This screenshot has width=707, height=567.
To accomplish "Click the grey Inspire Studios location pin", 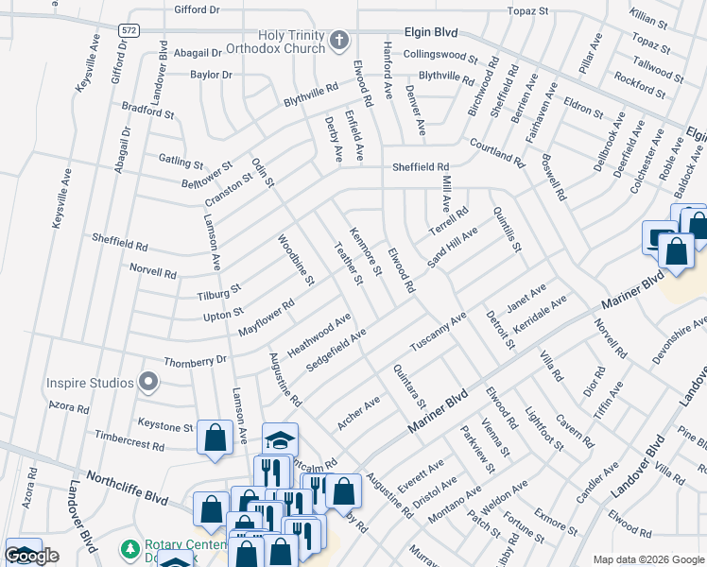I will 147,383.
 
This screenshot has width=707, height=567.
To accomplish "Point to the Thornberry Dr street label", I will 196,360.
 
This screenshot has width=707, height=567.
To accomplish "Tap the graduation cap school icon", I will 280,440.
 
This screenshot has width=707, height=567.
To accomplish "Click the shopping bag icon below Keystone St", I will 216,438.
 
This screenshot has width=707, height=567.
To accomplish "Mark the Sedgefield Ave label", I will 336,352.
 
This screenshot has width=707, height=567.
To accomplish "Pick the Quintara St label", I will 410,387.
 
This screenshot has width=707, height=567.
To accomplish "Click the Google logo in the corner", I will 32,556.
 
